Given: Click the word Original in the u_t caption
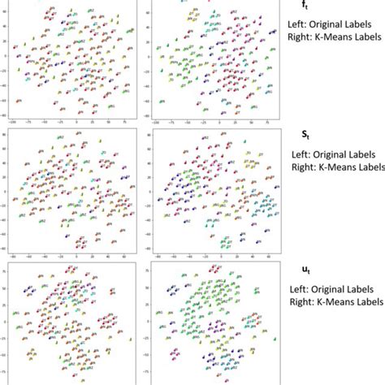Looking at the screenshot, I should pos(329,288).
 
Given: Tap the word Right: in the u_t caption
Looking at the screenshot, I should pos(303,301).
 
